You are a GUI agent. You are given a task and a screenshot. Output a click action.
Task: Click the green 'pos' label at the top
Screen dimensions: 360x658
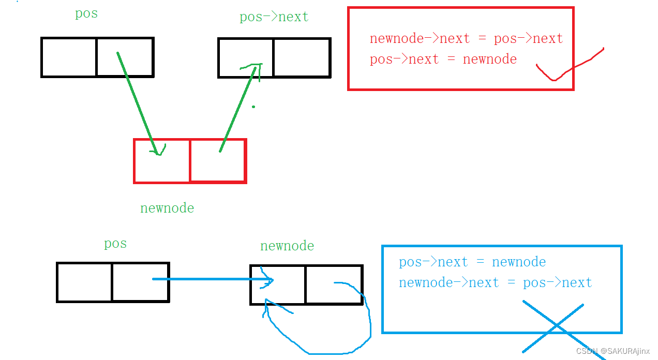[x=86, y=13]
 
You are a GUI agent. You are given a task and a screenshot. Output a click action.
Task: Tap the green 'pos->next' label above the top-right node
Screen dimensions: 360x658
[x=274, y=17]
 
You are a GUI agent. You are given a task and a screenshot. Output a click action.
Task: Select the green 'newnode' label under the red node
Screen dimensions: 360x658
[x=167, y=208]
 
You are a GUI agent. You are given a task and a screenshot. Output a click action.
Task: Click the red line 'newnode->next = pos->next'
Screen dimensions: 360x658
[x=466, y=39]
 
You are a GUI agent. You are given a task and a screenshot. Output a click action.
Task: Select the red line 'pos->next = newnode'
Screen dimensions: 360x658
[x=443, y=59]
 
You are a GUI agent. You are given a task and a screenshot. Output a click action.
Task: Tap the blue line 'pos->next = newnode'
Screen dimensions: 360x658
[x=472, y=262]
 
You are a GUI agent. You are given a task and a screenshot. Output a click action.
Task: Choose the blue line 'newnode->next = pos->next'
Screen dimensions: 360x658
[x=495, y=283]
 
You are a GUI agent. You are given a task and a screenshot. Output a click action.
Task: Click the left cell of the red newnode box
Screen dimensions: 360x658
[x=161, y=161]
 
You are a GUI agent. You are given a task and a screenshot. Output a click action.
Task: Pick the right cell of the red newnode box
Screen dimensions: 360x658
[x=218, y=161]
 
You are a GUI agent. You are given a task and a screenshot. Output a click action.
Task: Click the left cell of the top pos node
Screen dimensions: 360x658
[x=69, y=57]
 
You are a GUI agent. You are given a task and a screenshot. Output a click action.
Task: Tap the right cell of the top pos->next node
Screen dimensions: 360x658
[x=302, y=57]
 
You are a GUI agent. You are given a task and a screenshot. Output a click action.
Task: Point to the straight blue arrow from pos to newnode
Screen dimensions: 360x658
[x=212, y=279]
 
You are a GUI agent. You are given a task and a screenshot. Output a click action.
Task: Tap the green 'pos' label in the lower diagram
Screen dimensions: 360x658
[x=115, y=244]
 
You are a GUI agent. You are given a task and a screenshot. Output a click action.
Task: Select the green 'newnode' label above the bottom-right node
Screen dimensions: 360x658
[x=287, y=246]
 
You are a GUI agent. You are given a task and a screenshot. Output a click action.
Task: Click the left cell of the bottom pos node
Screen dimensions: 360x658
[x=84, y=282]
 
